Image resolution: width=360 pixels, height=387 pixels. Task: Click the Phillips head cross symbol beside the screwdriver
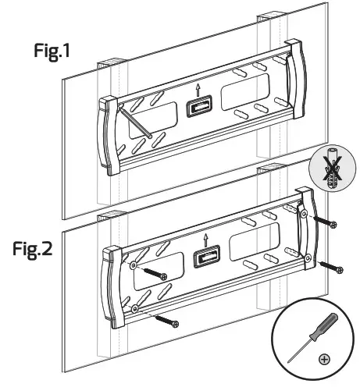point(324,360)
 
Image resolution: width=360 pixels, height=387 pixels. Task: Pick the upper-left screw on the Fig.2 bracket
point(153,273)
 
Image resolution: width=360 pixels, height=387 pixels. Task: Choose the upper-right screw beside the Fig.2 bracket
point(325,222)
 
